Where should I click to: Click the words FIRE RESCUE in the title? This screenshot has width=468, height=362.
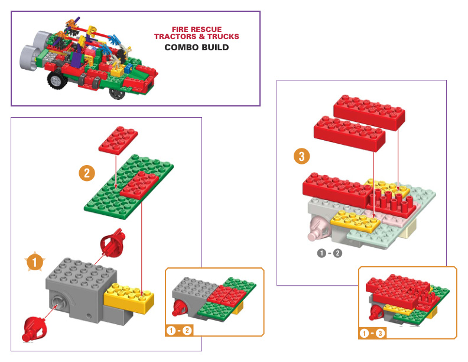pyautogui.click(x=196, y=29)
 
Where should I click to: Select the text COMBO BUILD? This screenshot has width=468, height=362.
pyautogui.click(x=196, y=47)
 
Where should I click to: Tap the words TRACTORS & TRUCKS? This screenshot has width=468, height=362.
pyautogui.click(x=196, y=37)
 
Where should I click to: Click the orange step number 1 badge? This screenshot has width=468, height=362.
pyautogui.click(x=35, y=261)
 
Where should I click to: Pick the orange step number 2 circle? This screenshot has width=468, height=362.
pyautogui.click(x=87, y=173)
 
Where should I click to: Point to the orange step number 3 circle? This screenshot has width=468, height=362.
pyautogui.click(x=302, y=157)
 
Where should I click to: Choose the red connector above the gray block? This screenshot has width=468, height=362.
pyautogui.click(x=112, y=242)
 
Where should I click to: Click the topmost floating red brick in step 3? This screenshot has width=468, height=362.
pyautogui.click(x=370, y=109)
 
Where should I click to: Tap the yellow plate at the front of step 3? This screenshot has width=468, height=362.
pyautogui.click(x=355, y=221)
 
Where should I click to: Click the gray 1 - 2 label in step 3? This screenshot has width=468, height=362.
pyautogui.click(x=329, y=254)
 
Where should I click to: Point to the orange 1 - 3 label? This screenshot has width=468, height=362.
pyautogui.click(x=373, y=334)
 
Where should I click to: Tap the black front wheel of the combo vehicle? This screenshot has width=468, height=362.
pyautogui.click(x=57, y=80)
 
